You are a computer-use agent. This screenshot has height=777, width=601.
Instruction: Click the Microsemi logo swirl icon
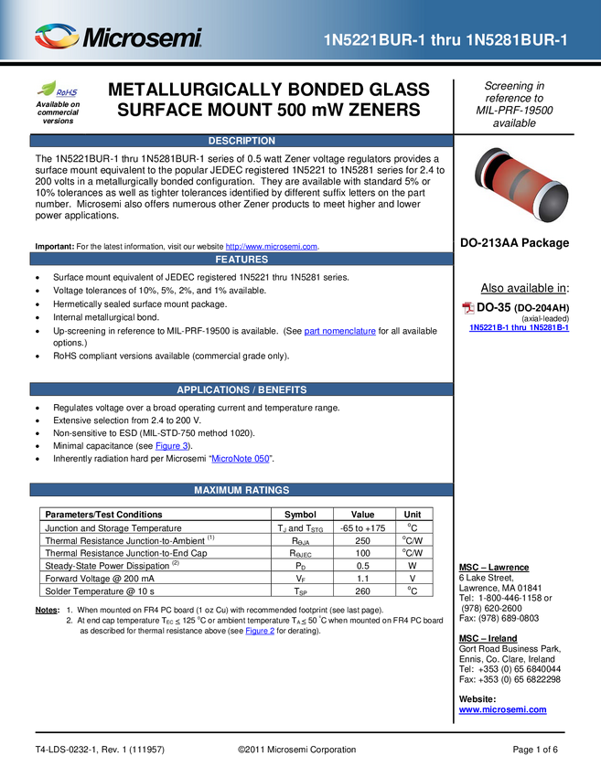(x=57, y=37)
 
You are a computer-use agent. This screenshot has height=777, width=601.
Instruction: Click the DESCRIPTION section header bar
(x=241, y=141)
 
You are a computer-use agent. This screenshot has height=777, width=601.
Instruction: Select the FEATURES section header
(x=241, y=260)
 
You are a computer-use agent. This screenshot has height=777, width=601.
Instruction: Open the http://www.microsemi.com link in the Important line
(x=272, y=247)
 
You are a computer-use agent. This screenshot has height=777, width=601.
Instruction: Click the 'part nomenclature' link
(x=339, y=331)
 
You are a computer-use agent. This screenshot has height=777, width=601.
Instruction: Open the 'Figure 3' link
(x=172, y=446)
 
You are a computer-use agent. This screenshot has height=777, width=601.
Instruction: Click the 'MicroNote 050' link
(x=241, y=459)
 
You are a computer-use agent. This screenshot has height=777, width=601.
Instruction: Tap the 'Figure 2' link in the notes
(x=260, y=631)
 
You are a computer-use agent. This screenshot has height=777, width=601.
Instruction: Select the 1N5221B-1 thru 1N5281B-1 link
(x=520, y=327)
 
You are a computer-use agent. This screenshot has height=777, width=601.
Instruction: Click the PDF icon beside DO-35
(x=468, y=308)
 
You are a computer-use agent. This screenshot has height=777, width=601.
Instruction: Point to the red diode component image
(x=521, y=184)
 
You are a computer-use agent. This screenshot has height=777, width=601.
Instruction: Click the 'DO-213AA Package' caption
(x=514, y=243)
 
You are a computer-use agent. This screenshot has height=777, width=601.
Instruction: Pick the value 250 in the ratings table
(x=362, y=540)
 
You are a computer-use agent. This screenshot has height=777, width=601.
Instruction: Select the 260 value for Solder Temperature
(x=362, y=591)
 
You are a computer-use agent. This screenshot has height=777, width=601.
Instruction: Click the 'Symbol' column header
(x=300, y=515)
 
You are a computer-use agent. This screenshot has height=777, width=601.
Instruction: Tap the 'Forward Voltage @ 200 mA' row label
(x=100, y=579)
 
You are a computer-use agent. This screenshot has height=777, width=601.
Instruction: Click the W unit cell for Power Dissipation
(x=412, y=566)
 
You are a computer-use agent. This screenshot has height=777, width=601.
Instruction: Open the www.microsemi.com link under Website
(x=503, y=709)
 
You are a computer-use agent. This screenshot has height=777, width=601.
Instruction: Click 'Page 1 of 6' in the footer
(x=535, y=750)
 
